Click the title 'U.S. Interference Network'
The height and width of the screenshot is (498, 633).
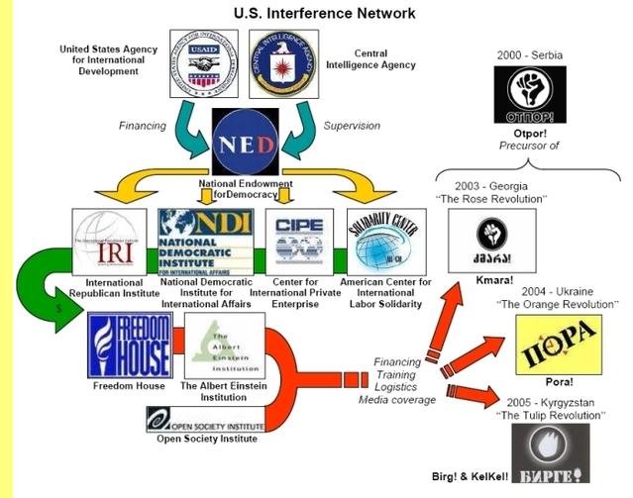pos(317,13)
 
